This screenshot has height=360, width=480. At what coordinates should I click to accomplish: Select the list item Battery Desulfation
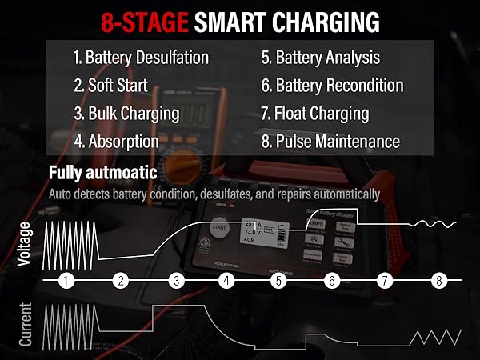141,58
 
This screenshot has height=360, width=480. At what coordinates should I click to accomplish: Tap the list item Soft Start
115,86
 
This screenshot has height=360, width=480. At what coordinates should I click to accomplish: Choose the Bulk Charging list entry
126,114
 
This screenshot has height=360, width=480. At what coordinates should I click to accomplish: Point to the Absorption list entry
116,142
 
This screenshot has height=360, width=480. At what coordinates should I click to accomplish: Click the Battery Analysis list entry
320,58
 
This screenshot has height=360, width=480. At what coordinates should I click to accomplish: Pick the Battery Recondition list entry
332,86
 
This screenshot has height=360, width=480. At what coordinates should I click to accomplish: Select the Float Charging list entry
314,114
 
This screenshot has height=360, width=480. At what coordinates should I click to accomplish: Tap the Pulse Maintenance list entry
330,142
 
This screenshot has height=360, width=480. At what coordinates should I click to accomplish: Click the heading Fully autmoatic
102,173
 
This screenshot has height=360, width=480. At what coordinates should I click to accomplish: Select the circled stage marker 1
66,281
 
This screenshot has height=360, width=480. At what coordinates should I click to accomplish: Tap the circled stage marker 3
176,281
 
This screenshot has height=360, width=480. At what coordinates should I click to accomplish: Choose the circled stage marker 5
278,281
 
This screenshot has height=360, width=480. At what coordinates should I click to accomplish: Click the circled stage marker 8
438,281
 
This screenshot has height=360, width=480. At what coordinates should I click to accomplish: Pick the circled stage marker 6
331,281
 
